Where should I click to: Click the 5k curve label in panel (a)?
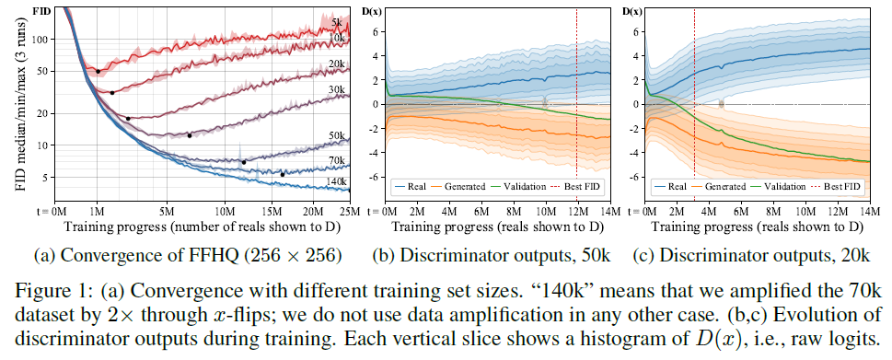tap(337, 22)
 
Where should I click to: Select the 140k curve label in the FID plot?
tap(335, 181)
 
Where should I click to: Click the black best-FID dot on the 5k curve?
tap(98, 71)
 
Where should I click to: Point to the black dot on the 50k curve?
tap(243, 162)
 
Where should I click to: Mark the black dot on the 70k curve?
tap(283, 175)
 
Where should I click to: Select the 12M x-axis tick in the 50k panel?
tap(578, 212)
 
